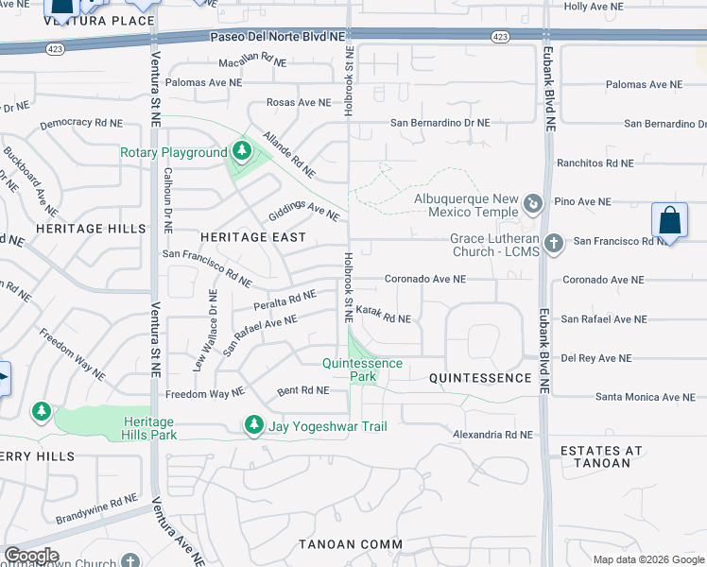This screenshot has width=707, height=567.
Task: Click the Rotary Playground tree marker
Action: tap(242, 152)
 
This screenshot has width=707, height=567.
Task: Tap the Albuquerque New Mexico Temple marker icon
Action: tap(533, 202)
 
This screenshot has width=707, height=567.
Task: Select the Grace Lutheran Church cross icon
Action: tap(553, 244)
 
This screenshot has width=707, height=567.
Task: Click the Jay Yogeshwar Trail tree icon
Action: tap(253, 426)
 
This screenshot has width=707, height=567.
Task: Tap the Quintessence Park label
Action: tap(362, 369)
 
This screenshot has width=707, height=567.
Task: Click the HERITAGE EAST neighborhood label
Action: tap(253, 237)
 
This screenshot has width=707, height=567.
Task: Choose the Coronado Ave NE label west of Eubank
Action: tap(424, 280)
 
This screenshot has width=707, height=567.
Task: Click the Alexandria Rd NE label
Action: tap(492, 435)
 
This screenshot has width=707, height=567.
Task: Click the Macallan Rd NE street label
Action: tap(252, 60)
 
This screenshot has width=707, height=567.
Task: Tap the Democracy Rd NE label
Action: tap(81, 123)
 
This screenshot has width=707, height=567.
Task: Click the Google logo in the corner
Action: tap(30, 556)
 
